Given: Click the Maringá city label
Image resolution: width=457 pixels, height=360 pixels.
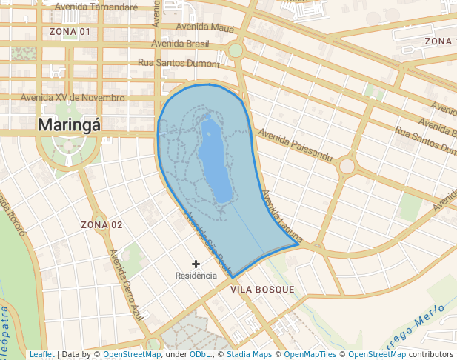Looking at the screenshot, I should [69, 124].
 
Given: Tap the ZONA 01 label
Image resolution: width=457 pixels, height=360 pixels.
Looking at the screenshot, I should [70, 32].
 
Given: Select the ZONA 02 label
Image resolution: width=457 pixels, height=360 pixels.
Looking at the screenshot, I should [101, 224].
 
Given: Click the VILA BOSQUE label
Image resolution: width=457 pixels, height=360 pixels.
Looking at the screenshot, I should [262, 289].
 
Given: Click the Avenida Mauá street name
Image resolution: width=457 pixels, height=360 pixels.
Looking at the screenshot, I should [205, 27].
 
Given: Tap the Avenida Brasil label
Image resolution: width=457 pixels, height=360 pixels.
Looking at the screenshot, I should [180, 44].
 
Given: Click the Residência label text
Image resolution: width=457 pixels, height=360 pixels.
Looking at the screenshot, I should [196, 276].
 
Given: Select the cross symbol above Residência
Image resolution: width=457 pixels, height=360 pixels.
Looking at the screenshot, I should [196, 264].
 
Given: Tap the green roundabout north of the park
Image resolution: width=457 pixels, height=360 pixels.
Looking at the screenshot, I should [236, 50].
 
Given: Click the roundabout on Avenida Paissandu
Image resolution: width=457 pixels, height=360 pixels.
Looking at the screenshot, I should [347, 166].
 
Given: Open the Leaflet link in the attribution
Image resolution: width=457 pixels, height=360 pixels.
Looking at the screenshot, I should [41, 354].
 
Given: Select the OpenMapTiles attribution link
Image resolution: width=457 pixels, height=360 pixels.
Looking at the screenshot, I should [310, 354].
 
